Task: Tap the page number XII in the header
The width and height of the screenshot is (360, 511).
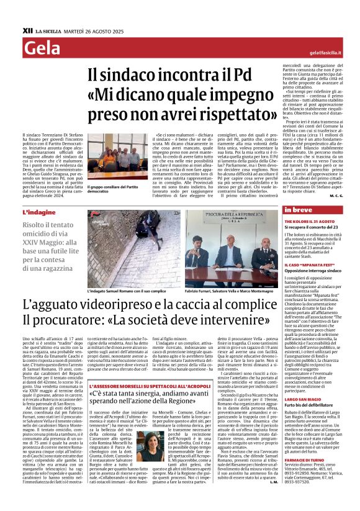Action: (27, 30)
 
